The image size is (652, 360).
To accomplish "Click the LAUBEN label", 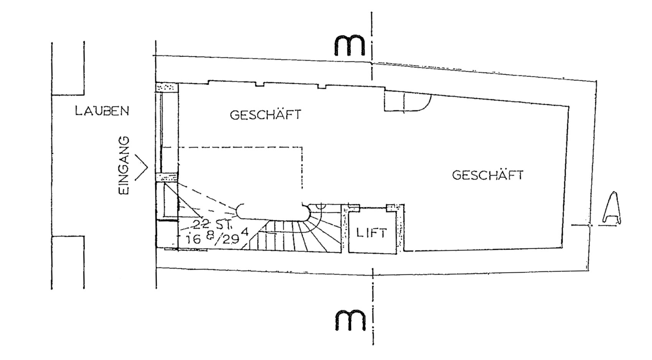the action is [102, 111].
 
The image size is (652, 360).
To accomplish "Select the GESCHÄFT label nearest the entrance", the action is [265, 114].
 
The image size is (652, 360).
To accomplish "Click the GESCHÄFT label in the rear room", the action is [487, 175].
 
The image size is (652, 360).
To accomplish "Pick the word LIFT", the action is [372, 233].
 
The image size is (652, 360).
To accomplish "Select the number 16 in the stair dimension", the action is [194, 239].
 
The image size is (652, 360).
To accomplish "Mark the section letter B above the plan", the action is [349, 46].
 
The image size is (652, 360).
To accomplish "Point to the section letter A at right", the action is [611, 208].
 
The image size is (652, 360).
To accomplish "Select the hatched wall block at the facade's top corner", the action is [166, 88].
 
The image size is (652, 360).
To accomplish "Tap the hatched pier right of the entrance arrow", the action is [166, 177].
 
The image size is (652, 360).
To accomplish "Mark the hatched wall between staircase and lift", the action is [345, 229].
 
